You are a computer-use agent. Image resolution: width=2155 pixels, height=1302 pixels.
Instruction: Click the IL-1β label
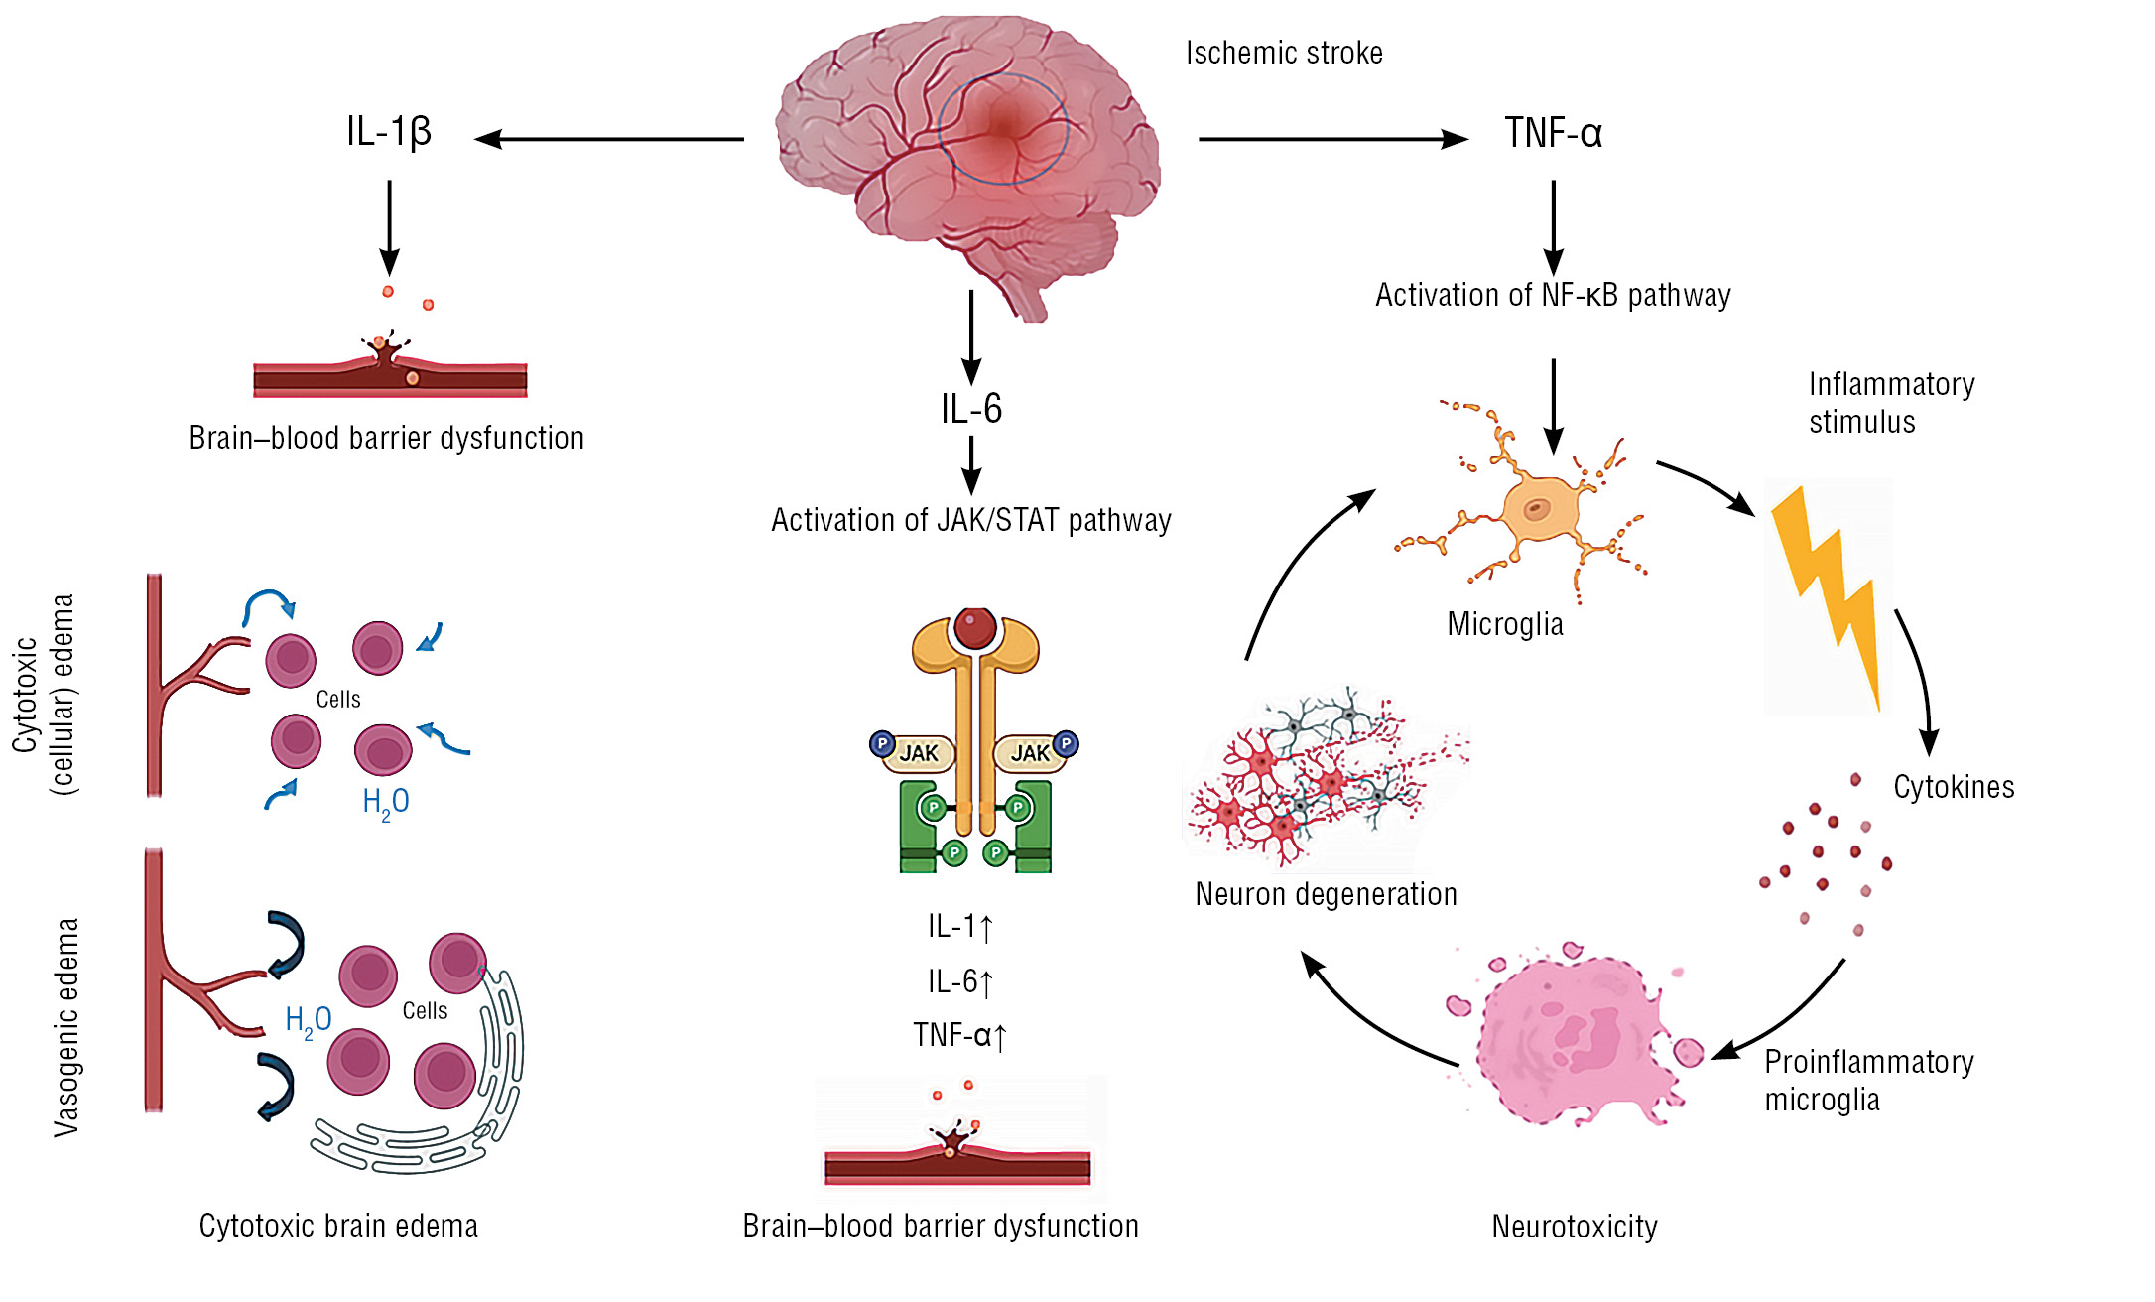point(388,132)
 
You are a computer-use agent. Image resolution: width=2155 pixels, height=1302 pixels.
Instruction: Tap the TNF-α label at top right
point(1553,133)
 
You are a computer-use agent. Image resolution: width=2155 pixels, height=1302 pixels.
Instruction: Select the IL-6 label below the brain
point(971,409)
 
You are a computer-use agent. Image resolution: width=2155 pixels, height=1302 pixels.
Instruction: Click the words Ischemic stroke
point(1284,53)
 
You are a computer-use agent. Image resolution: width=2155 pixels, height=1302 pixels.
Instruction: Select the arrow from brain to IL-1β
point(609,139)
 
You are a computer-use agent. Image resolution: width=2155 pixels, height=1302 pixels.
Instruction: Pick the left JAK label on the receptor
point(919,753)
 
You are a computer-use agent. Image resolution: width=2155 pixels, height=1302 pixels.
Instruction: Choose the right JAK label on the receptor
point(1030,753)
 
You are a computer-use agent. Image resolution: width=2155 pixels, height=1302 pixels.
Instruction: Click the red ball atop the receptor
point(975,627)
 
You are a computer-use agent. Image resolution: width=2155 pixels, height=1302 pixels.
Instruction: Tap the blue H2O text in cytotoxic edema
point(385,802)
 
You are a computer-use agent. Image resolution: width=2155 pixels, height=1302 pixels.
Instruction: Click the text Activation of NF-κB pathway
point(1553,295)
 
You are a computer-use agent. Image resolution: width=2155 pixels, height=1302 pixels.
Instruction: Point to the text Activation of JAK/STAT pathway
point(971,520)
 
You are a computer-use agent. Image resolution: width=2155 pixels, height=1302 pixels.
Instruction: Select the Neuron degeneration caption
point(1326,894)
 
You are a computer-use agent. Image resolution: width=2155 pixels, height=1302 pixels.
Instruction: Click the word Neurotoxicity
point(1575,1227)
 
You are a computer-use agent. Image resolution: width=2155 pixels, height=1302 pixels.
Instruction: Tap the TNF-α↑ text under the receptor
point(959,1036)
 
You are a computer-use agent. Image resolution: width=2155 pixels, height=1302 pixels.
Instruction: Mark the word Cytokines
point(1954,787)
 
